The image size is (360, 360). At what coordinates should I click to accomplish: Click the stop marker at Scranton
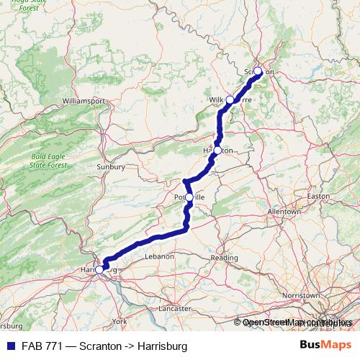point(258,71)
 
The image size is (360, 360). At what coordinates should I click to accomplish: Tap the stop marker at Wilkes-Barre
point(230,99)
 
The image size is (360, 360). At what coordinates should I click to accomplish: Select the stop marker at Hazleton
point(217,150)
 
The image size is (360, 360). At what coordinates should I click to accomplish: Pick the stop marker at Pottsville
point(189,197)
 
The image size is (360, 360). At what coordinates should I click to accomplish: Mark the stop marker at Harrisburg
point(99,269)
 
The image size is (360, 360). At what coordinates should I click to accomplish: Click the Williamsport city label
point(84,100)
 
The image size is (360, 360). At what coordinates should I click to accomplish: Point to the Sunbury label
point(111,167)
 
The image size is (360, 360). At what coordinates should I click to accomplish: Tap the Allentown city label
point(283,212)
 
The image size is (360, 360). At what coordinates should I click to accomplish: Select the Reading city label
point(224,258)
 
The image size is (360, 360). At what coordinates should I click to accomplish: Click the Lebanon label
point(159,256)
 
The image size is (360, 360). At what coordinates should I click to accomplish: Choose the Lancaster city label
point(176,308)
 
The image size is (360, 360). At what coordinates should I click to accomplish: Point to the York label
point(120,320)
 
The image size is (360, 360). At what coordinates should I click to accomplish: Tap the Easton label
point(318,196)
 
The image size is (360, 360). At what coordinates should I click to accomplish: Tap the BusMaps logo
point(325,346)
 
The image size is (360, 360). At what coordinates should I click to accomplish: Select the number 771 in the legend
point(47,346)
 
